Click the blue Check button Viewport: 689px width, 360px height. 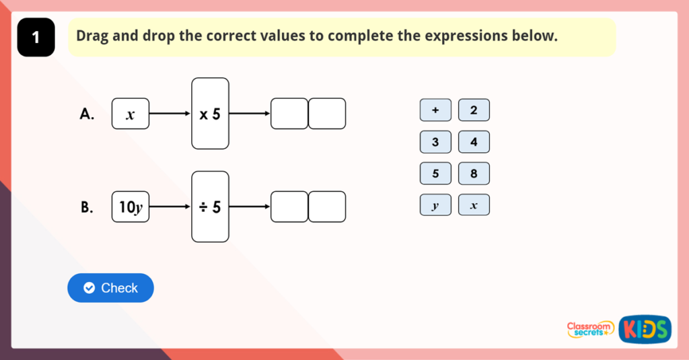point(110,288)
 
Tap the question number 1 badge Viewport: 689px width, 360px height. point(36,38)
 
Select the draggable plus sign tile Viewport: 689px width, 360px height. point(435,110)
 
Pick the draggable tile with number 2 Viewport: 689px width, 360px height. point(474,110)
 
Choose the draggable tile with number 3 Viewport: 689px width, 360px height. point(435,142)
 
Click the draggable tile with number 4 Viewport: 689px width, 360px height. point(474,142)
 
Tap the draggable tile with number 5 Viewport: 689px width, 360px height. point(435,174)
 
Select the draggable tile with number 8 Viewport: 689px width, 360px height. point(474,174)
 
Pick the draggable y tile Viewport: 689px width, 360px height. point(435,205)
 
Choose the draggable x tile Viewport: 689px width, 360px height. point(474,205)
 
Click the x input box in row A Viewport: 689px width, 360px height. point(131,114)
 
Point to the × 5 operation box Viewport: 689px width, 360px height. point(210,114)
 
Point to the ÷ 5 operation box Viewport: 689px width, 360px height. point(210,207)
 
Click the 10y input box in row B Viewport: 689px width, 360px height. point(131,207)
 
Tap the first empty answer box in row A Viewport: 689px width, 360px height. point(289,114)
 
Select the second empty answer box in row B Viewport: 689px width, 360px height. point(327,207)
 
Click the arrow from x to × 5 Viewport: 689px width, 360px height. point(170,114)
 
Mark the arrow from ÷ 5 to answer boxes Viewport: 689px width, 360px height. point(250,207)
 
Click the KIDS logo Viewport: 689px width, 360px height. point(645,328)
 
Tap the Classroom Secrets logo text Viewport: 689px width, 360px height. point(591,328)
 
